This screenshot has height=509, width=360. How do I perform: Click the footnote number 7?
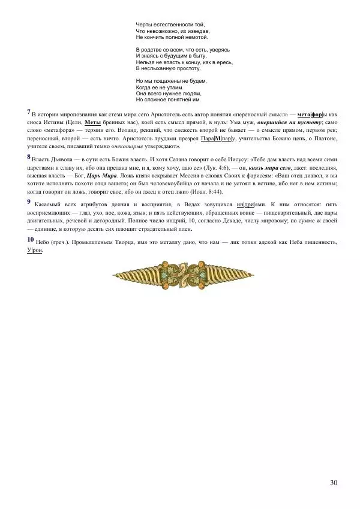point(29,112)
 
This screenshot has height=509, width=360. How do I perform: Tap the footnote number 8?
point(29,157)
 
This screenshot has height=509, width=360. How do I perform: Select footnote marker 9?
point(29,202)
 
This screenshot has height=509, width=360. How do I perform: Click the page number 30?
point(334,483)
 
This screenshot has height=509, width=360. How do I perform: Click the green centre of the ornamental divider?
point(179,273)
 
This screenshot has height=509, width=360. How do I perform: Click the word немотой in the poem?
point(195,37)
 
